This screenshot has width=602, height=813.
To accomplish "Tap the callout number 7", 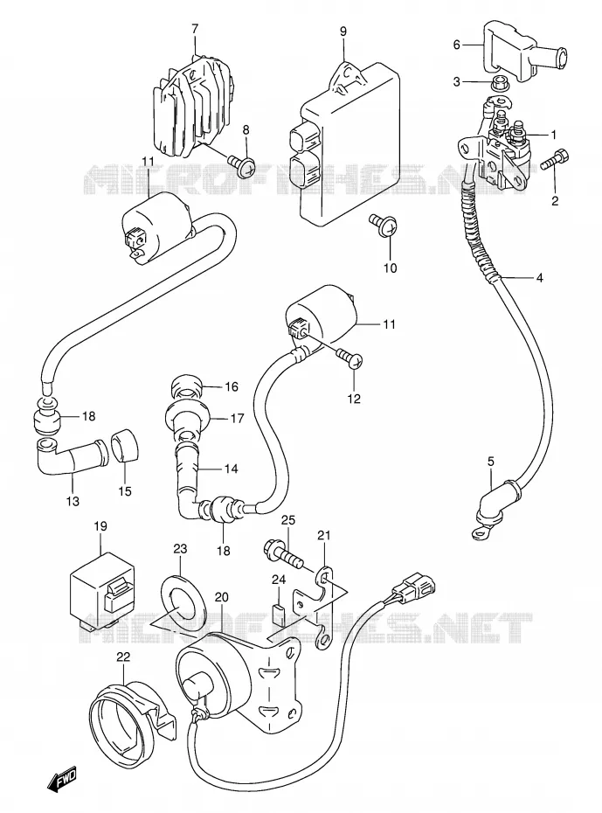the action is (195, 30).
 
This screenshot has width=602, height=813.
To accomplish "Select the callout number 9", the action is (343, 31).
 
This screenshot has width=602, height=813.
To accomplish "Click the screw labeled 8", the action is (241, 165).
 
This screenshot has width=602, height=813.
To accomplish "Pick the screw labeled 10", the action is (384, 226).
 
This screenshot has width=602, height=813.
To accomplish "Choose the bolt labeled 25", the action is (283, 556).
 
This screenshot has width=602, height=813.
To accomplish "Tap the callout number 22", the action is (123, 657).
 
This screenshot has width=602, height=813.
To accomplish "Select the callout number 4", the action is (539, 279).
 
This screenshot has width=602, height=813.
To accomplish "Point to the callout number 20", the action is (221, 597).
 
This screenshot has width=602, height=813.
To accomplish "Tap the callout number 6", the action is (456, 45).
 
